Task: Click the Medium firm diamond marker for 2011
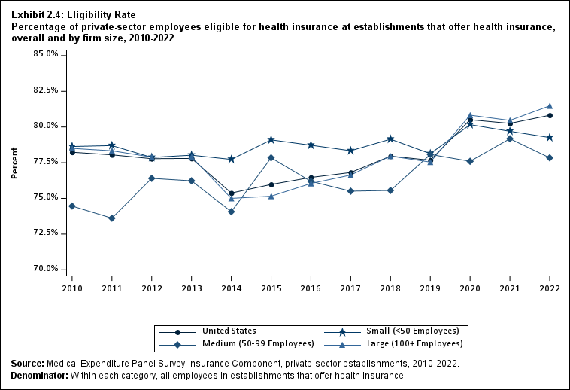112,218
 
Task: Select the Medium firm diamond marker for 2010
72,206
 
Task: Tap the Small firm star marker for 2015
271,140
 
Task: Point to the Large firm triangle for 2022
550,106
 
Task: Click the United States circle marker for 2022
550,115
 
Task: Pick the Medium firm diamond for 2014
231,212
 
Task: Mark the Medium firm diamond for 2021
510,139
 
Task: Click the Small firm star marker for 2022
550,138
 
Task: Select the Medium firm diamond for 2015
271,158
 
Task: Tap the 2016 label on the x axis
311,288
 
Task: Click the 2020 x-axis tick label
470,288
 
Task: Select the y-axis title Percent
15,162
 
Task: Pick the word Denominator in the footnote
38,376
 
